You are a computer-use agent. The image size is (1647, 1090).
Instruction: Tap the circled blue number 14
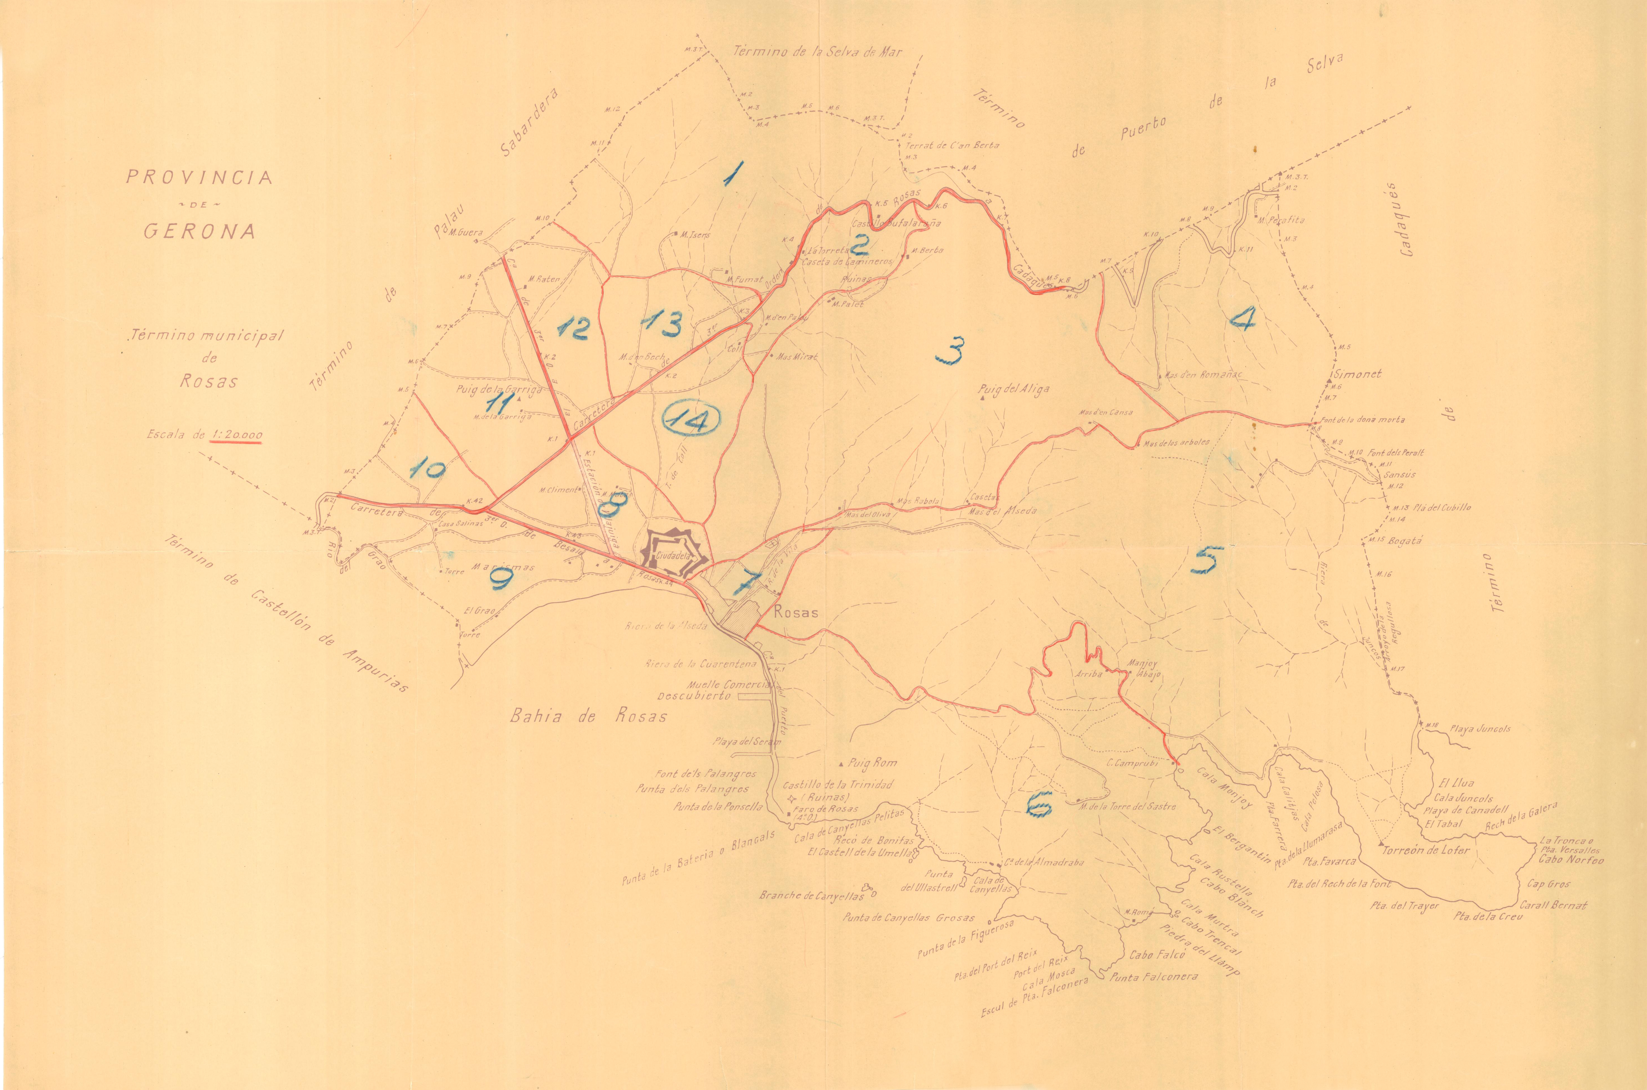click(690, 419)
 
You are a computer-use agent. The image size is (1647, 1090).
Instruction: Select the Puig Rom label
click(873, 763)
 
